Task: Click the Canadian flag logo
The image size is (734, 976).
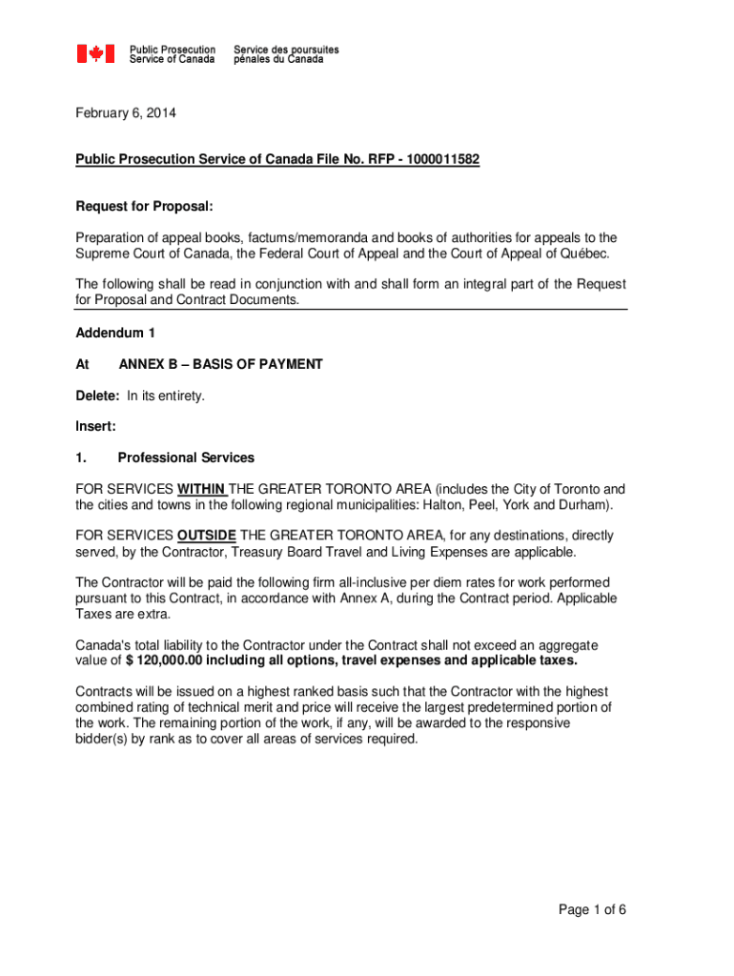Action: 95,53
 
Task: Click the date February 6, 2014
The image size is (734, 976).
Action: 126,113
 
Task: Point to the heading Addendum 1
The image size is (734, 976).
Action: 114,333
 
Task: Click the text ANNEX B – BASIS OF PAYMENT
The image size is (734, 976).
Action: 220,364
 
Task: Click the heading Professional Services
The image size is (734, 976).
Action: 186,457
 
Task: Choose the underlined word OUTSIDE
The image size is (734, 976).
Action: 207,536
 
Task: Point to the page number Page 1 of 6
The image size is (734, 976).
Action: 592,909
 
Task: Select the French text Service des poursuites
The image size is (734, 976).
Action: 286,49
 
